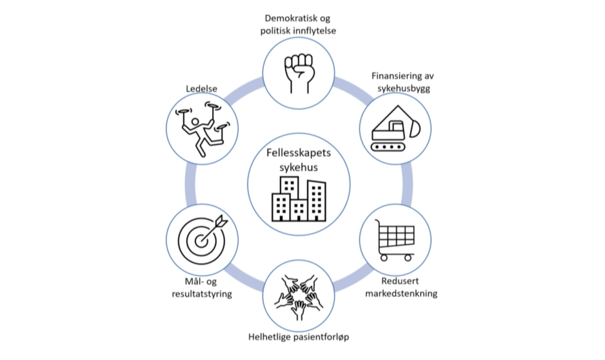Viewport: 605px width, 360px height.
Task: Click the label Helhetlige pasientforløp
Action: (298, 337)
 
